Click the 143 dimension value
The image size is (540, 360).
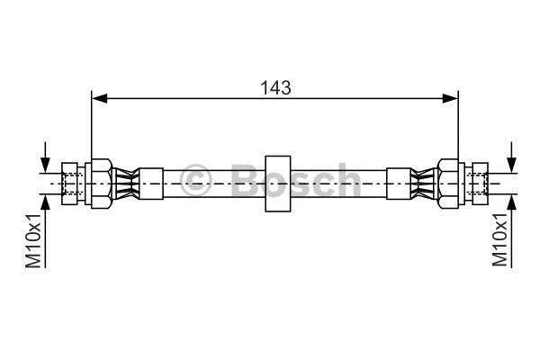point(275,88)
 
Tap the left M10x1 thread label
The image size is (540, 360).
point(33,240)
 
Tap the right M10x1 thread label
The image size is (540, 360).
point(499,240)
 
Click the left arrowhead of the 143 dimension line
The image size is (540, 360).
point(100,98)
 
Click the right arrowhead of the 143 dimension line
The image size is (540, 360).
point(450,98)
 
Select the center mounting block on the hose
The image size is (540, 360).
point(278,184)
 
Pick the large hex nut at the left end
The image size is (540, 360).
point(102,184)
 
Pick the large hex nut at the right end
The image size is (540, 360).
point(447,184)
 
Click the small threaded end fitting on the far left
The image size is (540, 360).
point(70,184)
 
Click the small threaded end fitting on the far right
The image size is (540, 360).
point(480,184)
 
